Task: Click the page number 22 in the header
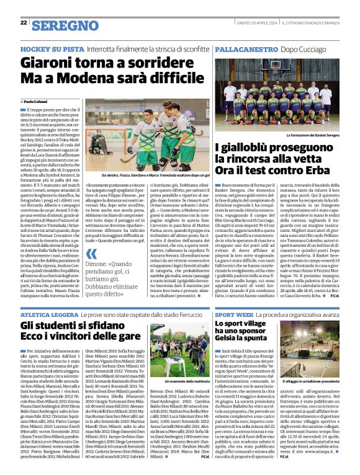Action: click(24, 22)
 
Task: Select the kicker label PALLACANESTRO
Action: click(246, 48)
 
